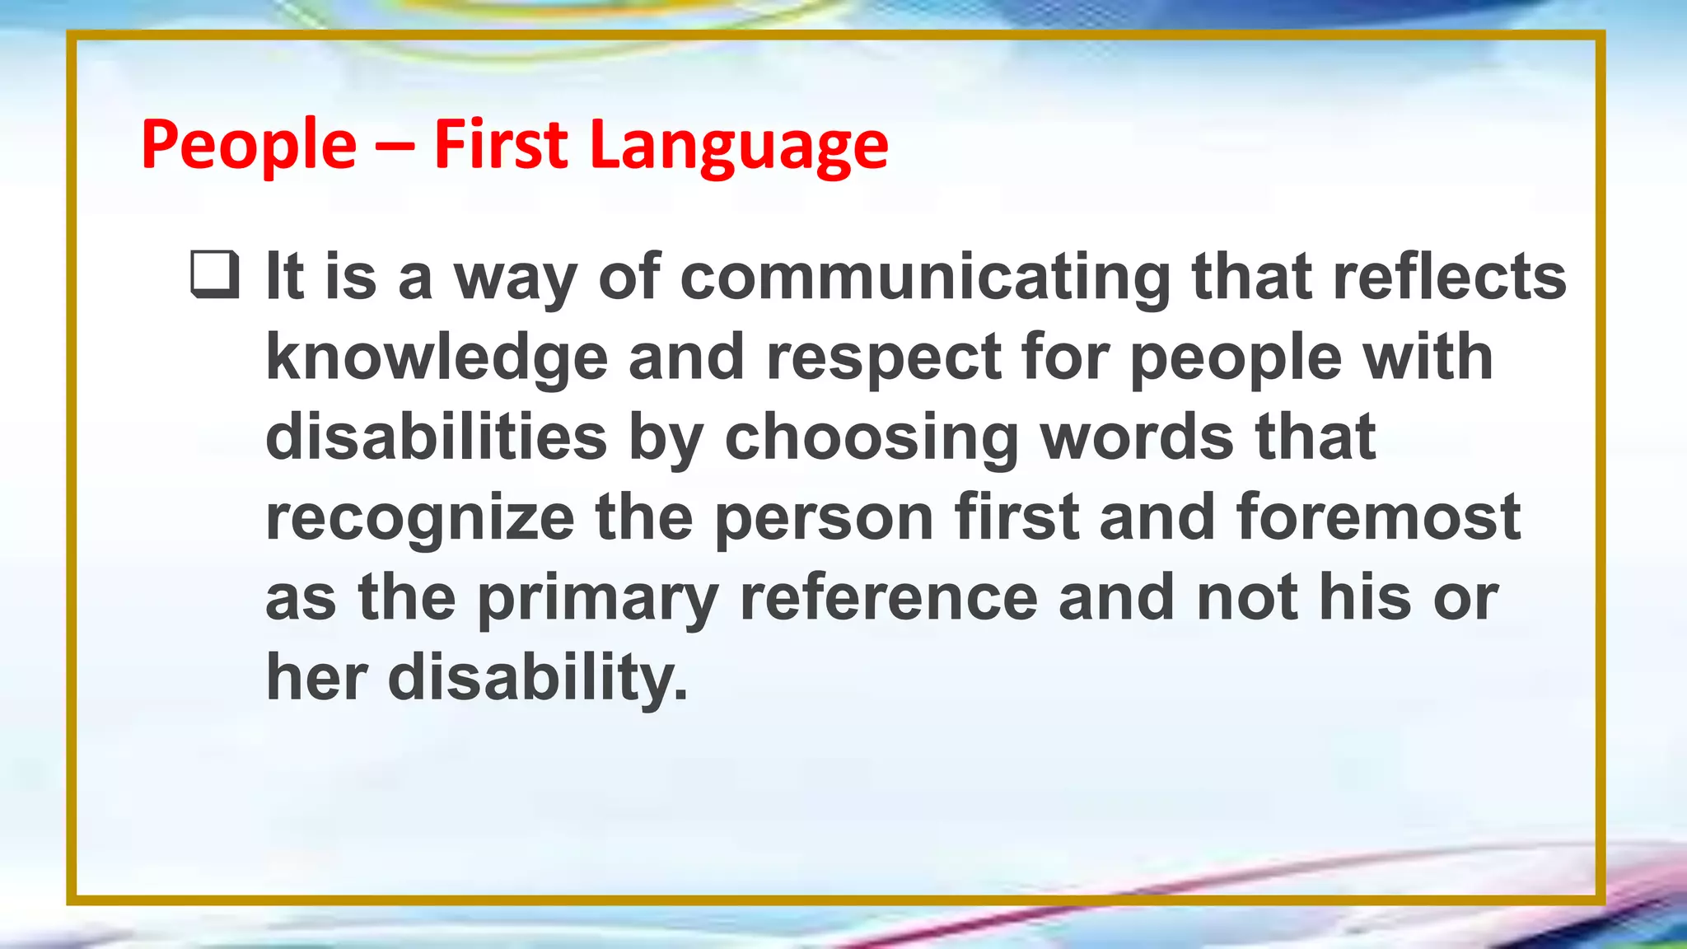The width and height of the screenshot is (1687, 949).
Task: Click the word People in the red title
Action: click(249, 146)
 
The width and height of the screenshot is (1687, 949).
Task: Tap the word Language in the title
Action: click(739, 146)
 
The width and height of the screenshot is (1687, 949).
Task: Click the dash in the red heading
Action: click(395, 147)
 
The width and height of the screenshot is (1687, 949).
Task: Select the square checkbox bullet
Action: click(214, 275)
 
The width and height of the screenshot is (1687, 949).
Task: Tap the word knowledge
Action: click(437, 358)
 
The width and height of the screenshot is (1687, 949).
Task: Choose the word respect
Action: click(884, 358)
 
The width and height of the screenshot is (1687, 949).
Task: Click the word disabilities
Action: click(437, 437)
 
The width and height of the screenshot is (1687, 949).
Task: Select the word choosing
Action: click(872, 437)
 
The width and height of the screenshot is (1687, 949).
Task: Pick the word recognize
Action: click(420, 517)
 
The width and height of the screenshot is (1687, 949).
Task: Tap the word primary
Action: click(598, 598)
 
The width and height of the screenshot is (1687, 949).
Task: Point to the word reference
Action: click(889, 598)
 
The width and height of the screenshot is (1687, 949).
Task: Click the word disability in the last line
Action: click(537, 678)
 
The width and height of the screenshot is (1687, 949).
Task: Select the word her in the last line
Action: click(315, 678)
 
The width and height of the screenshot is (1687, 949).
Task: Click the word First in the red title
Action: click(501, 146)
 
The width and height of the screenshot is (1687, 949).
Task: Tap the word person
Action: click(824, 517)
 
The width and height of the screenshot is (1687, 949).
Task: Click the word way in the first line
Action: click(515, 278)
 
